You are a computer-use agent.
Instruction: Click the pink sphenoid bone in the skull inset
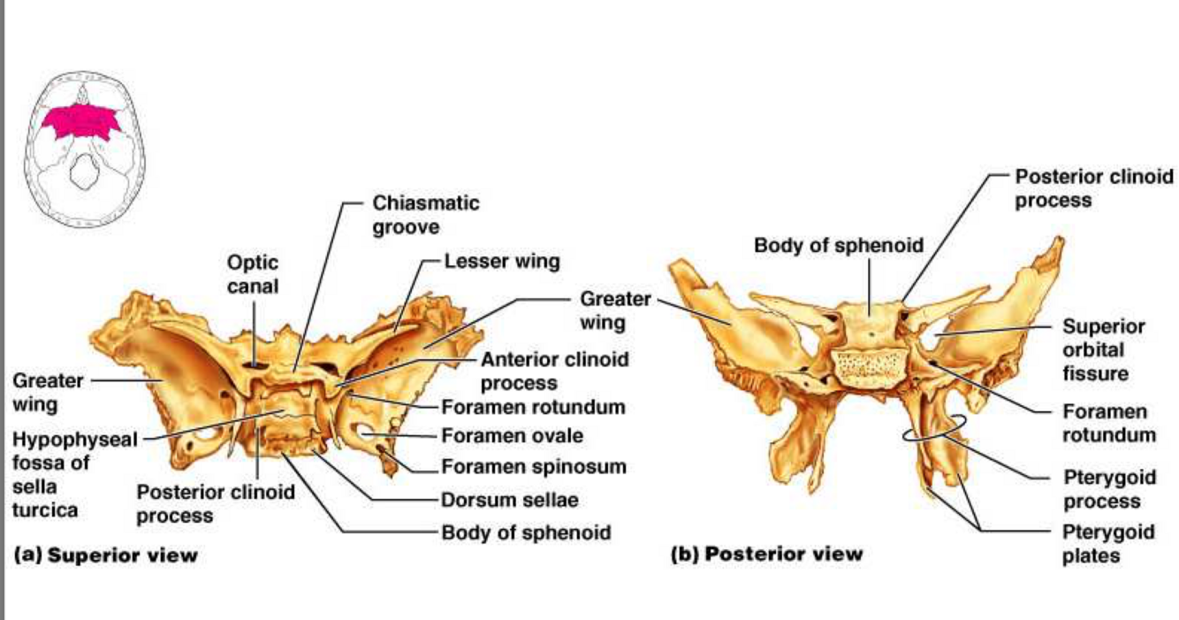83,123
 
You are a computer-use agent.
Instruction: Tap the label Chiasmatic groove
425,214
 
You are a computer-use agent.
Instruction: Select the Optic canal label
252,273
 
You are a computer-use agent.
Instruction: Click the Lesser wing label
501,261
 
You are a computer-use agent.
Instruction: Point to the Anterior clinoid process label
554,371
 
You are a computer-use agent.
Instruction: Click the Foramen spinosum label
533,466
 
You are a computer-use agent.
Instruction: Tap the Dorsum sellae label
509,500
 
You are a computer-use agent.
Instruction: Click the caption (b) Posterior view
766,555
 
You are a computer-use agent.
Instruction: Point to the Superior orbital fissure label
1103,349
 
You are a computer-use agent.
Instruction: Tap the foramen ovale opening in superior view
364,433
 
